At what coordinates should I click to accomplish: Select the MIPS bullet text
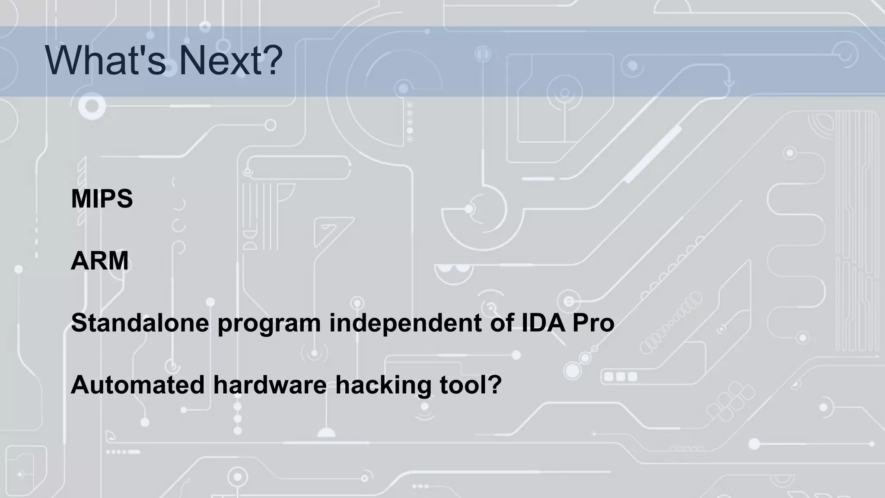tap(102, 199)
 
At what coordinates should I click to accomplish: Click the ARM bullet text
tap(100, 261)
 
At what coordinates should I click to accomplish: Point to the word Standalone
tap(140, 322)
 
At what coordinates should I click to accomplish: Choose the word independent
tap(405, 322)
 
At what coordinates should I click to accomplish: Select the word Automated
tap(137, 384)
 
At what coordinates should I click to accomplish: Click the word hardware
tap(270, 384)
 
